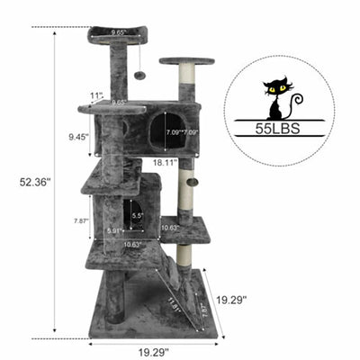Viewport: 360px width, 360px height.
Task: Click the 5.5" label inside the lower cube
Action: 137,216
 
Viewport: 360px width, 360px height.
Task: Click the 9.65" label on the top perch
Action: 118,33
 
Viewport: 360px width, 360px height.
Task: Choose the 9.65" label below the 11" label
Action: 118,103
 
